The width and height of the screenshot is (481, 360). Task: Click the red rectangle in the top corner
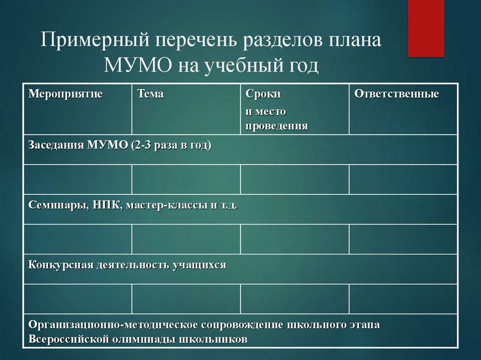click(426, 28)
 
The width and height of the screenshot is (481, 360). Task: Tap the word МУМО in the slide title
click(138, 65)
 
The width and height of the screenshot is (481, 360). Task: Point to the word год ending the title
click(301, 65)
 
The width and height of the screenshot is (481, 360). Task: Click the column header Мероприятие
click(66, 94)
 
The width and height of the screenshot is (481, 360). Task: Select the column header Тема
click(150, 94)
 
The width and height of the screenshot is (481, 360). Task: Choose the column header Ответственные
click(396, 94)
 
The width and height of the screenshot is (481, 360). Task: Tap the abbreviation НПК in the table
click(106, 205)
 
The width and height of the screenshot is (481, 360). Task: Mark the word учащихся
click(199, 265)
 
